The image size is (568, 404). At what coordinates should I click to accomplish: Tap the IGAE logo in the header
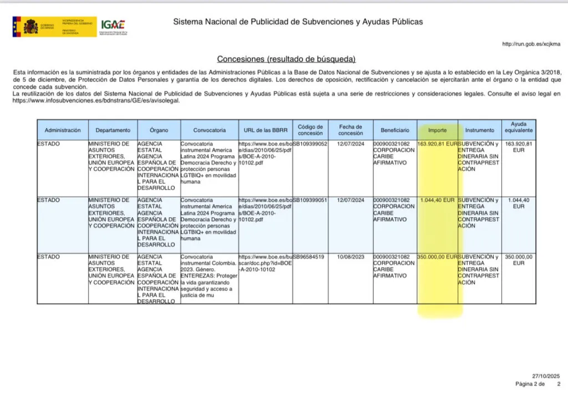click(113, 26)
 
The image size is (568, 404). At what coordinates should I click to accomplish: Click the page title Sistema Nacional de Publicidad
click(298, 22)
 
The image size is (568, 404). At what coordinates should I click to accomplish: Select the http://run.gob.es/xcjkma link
click(531, 44)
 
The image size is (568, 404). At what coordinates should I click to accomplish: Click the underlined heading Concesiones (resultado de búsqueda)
click(286, 59)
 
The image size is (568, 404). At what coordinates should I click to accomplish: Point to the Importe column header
click(437, 130)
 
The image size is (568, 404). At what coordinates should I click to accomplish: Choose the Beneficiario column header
click(395, 130)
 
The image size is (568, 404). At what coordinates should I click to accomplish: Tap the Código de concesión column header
click(310, 130)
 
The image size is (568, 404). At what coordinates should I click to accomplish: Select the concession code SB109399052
click(310, 144)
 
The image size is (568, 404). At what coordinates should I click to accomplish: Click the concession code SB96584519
click(308, 257)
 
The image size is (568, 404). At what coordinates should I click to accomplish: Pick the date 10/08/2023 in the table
click(351, 257)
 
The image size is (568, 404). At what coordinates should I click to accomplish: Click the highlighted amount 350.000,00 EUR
click(437, 257)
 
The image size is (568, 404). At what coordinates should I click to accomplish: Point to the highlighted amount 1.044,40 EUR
click(437, 200)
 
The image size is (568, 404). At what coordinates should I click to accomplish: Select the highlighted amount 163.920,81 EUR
click(437, 144)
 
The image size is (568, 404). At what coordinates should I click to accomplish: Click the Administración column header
click(63, 130)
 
